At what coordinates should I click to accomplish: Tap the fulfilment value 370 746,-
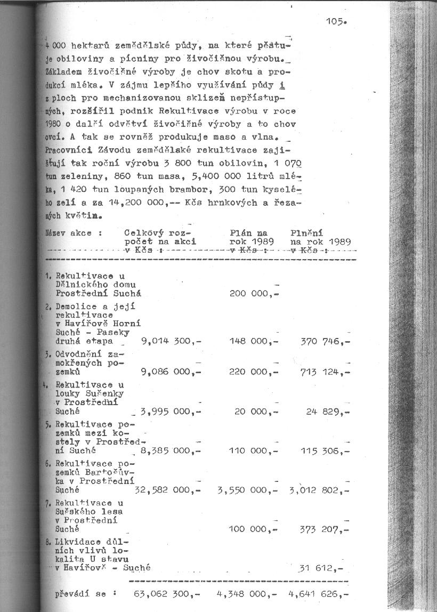(x=325, y=341)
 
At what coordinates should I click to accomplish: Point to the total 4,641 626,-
(x=319, y=593)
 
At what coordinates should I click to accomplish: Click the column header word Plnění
(x=307, y=233)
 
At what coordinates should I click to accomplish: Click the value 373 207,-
(x=325, y=529)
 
